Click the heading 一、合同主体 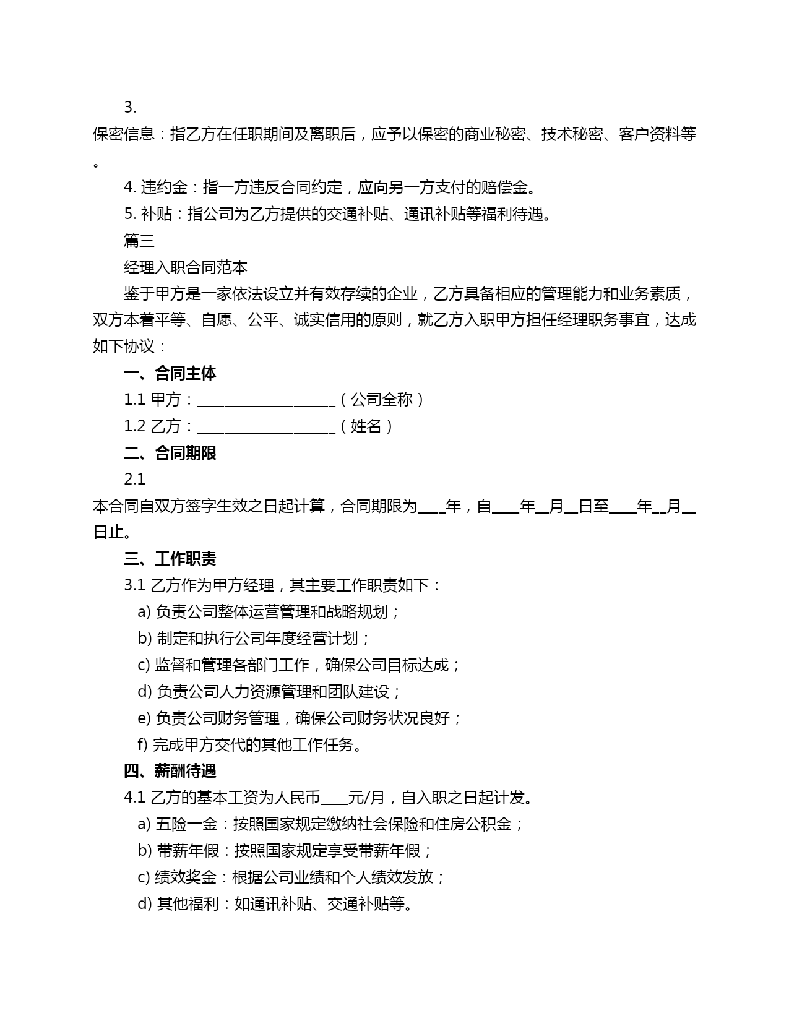tap(170, 373)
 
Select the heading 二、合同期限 tap(170, 453)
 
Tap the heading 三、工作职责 tap(170, 559)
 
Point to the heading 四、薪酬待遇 tap(170, 772)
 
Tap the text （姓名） tap(366, 426)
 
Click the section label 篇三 tap(139, 241)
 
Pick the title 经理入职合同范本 tap(186, 267)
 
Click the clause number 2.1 tap(134, 480)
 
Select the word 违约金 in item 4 tap(164, 187)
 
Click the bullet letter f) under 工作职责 tap(142, 745)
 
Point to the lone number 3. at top tap(130, 108)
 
